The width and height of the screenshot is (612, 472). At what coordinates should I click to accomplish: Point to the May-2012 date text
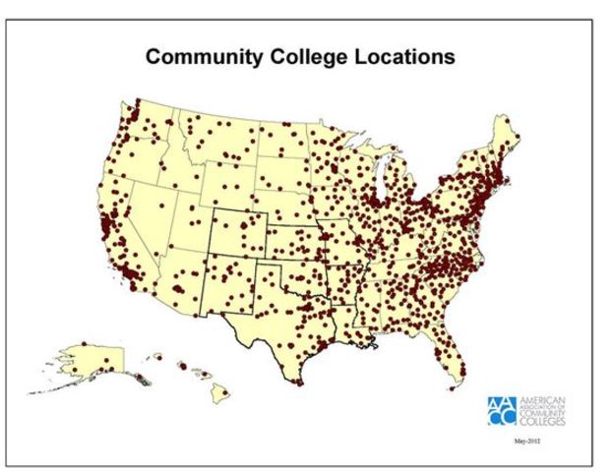[528, 442]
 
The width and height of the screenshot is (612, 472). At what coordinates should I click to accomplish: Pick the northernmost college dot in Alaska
[85, 343]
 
